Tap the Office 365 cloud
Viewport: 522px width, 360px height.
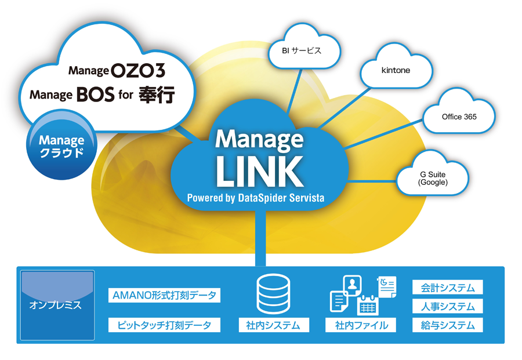(459, 117)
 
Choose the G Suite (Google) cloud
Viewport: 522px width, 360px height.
(433, 178)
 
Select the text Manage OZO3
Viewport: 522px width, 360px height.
(117, 71)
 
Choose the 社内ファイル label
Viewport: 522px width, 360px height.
(361, 325)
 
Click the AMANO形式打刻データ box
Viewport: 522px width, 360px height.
(164, 296)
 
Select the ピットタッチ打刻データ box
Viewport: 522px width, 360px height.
(164, 325)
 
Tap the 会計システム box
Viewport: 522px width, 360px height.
(447, 288)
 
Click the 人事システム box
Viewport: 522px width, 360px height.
(447, 306)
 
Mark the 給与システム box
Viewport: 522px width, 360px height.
(447, 325)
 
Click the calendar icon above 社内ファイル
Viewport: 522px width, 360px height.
(367, 305)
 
